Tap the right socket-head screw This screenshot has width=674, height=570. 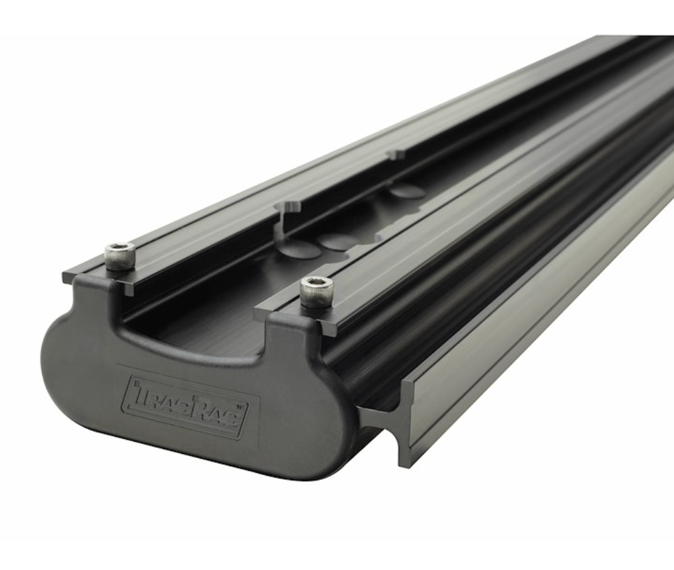316,290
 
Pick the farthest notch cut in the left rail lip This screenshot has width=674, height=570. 393,155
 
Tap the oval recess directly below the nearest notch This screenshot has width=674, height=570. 298,250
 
